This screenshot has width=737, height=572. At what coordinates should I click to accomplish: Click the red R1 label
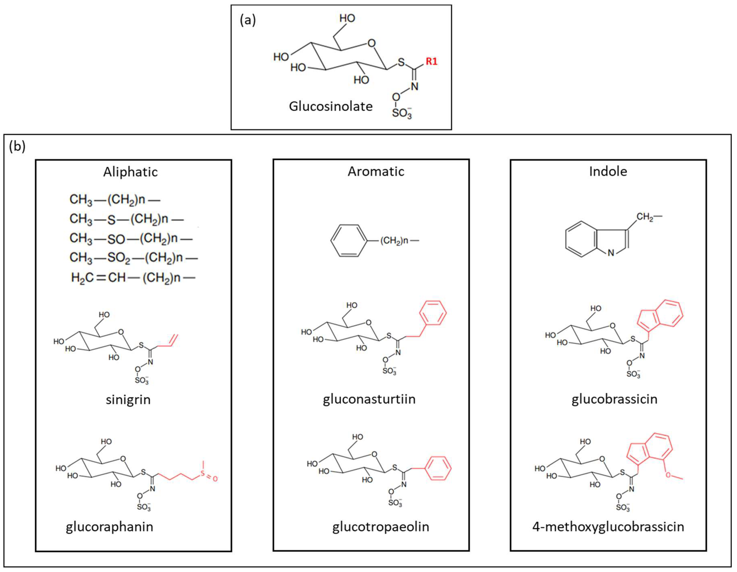point(431,61)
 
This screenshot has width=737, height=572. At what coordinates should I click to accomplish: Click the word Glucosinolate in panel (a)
point(331,107)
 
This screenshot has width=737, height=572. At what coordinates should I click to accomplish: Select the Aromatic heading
point(376,172)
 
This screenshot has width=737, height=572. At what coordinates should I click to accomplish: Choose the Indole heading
point(608,172)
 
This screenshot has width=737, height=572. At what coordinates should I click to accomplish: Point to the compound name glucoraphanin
point(109,526)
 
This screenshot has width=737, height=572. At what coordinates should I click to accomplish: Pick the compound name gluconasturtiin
point(369,399)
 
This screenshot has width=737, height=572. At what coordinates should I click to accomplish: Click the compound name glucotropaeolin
point(381,526)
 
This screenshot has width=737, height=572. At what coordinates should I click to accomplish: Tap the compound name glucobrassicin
point(614,399)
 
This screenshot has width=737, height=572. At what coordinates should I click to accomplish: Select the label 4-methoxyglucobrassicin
point(608,526)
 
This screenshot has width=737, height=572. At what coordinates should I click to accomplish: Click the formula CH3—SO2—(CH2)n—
point(133,258)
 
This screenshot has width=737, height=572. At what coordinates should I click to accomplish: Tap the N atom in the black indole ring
point(611,253)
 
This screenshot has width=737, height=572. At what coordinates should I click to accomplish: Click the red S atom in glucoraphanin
point(203,473)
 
